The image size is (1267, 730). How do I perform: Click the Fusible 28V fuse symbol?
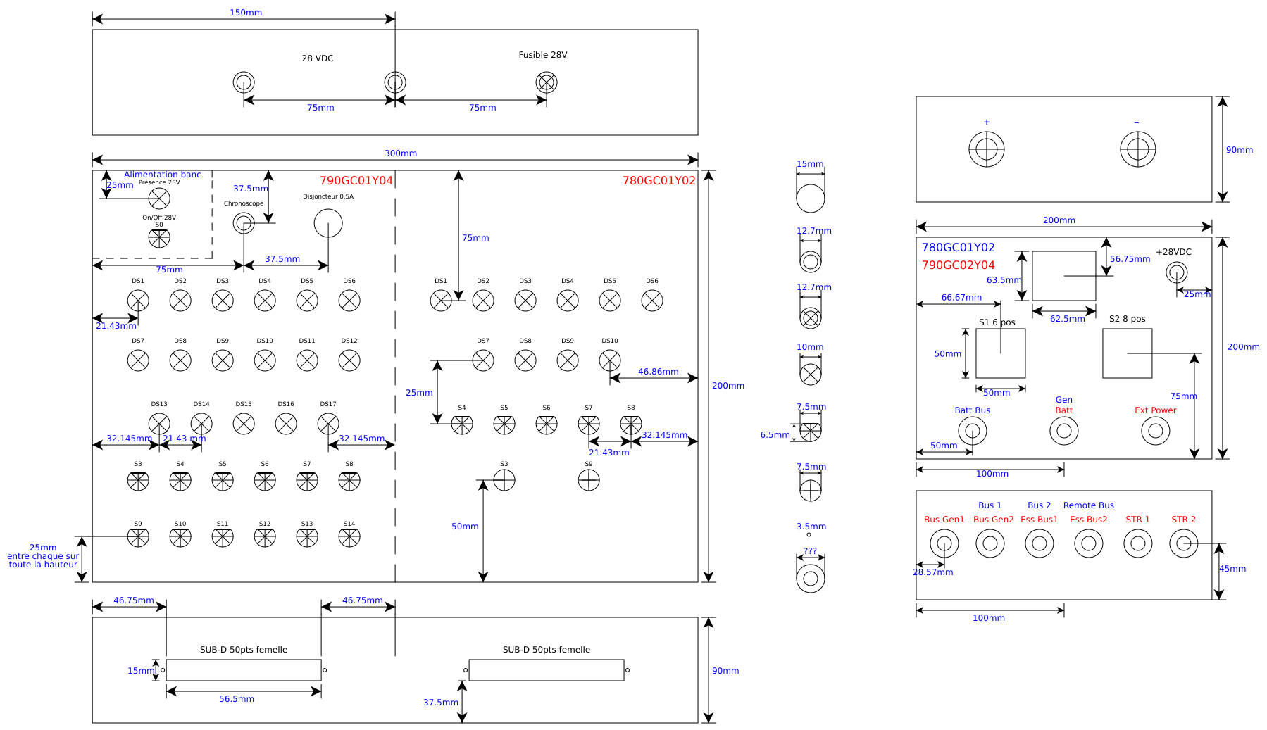(x=547, y=82)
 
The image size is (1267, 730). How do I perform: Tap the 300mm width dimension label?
(x=401, y=153)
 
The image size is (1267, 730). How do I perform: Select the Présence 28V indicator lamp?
(x=159, y=199)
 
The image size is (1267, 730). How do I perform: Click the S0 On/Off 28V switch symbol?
(x=159, y=238)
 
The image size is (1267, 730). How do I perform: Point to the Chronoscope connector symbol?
(x=244, y=223)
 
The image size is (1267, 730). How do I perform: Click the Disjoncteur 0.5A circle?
(x=328, y=224)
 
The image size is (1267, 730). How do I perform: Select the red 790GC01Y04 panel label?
(x=356, y=181)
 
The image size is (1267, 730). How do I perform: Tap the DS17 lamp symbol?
(x=328, y=424)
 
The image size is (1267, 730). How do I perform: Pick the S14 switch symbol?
(x=349, y=537)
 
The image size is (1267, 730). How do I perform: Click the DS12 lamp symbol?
(x=349, y=360)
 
